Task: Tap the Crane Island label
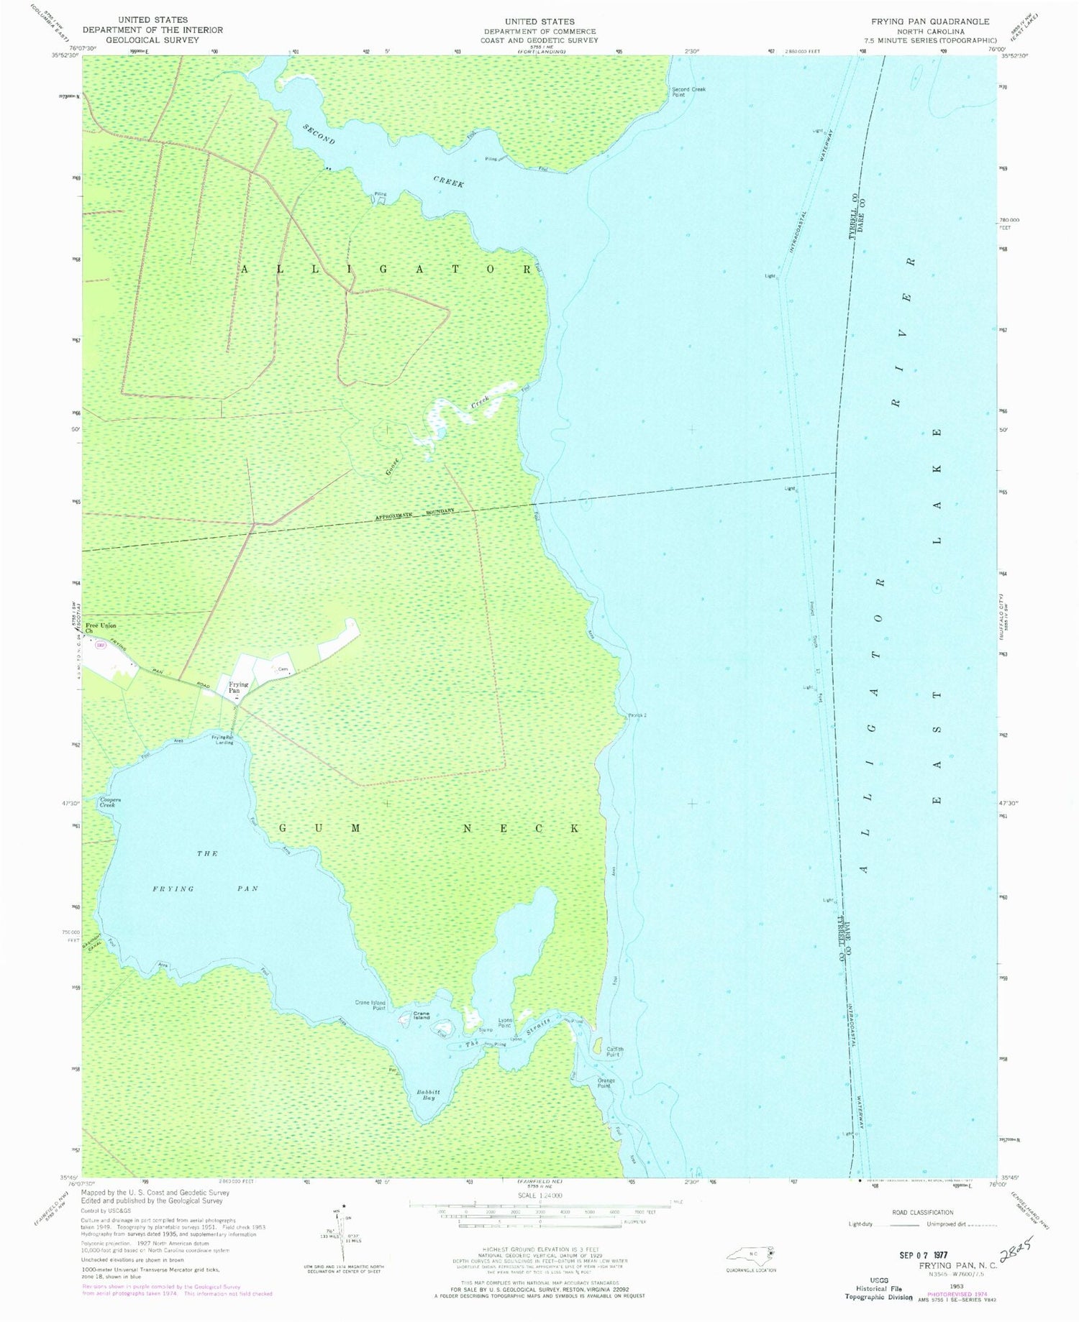421,1016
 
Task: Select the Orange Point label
604,1083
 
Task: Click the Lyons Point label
506,1024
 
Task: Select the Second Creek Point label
688,91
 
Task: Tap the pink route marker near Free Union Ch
101,646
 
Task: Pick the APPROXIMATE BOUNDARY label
414,514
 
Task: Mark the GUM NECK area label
428,828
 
